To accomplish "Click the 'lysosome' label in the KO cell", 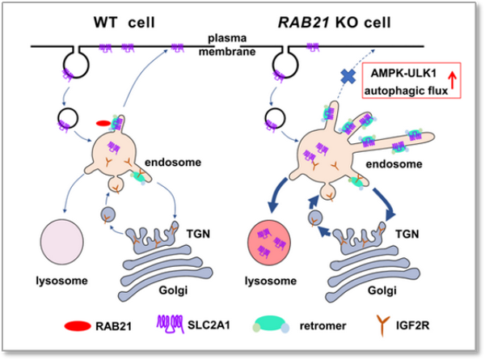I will pyautogui.click(x=273, y=286).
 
